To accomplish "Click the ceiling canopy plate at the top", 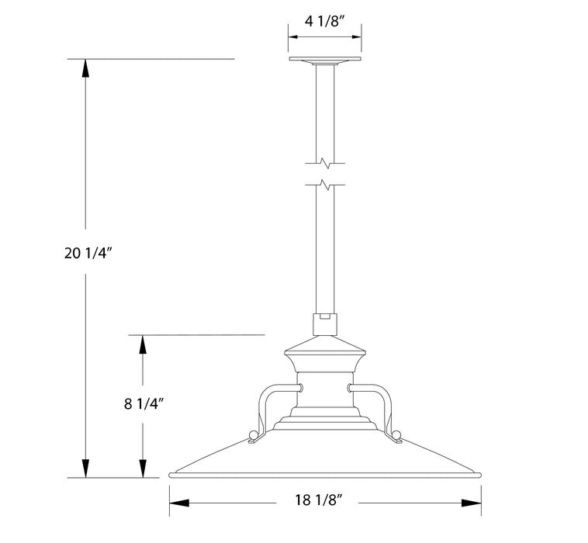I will (325, 60).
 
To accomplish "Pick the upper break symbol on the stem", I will (325, 163).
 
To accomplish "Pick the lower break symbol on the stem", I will (325, 185).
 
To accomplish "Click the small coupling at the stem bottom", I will (325, 320).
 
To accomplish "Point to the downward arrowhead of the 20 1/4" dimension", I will (85, 469).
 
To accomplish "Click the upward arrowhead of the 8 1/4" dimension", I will (142, 344).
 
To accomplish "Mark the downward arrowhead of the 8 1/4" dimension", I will (142, 469).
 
